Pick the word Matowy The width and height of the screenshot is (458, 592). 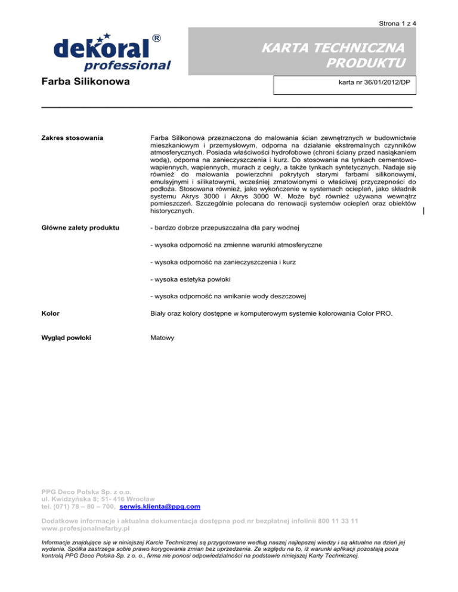[x=162, y=337]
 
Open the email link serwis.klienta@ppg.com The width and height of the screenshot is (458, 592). [x=160, y=506]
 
